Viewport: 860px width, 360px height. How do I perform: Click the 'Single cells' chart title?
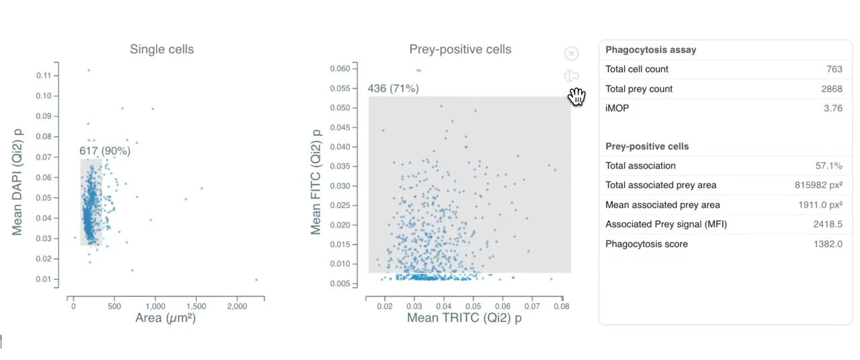point(161,49)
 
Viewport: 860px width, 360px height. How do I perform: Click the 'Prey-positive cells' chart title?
point(460,49)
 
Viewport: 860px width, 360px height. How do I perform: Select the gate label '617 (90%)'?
point(105,151)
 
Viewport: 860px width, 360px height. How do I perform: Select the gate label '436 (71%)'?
point(393,89)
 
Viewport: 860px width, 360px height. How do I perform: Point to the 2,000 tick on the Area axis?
point(236,306)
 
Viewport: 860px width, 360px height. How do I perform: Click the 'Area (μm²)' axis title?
point(165,318)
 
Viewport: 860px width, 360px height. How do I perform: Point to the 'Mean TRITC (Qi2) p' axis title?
point(464,318)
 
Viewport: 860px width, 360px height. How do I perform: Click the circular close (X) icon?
point(571,54)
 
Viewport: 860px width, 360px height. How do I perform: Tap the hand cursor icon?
point(576,97)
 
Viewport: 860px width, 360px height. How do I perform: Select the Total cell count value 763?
point(834,69)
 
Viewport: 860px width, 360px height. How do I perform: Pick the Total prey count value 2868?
point(831,89)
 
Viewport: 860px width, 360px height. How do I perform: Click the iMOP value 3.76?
point(833,108)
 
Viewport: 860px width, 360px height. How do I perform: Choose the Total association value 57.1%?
point(828,165)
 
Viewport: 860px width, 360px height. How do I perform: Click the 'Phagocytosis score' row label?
point(646,244)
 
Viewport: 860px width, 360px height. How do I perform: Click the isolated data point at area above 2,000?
point(256,279)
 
